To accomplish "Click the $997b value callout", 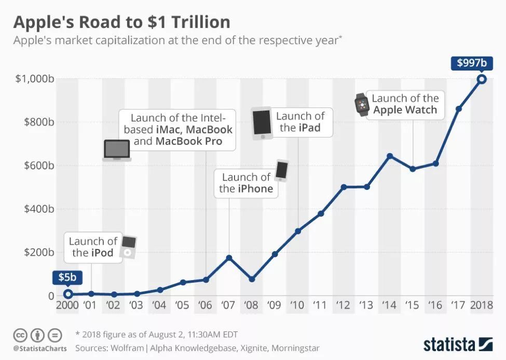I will coord(472,63).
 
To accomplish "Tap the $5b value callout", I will coord(67,278).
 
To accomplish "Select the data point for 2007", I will coord(229,257).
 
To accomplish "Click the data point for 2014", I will coord(390,156).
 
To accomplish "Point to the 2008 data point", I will coord(252,279).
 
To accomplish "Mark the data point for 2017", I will coord(459,108).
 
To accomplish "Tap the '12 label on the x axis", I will coord(344,304).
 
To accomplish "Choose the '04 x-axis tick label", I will coord(159,304).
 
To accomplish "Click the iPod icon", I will coord(129,246).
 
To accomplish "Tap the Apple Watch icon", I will coord(360,104).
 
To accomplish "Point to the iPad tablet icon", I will coord(262,123).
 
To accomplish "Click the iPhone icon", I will coord(282,171).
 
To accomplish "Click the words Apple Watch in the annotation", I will coord(405,110).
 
